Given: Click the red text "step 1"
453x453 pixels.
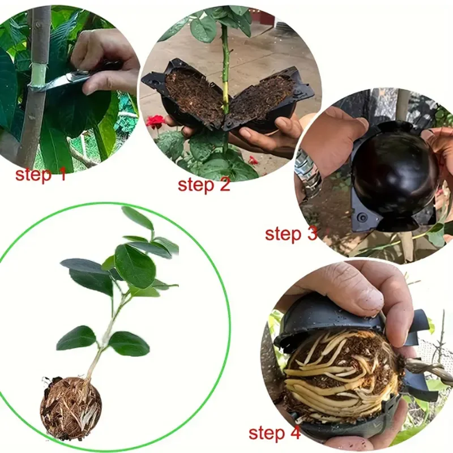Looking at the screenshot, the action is pos(41,174).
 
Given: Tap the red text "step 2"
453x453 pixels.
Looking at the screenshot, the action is pos(204,185).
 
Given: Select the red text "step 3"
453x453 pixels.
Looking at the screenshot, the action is pos(291,233).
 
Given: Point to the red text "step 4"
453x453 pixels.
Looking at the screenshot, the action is pos(275,433).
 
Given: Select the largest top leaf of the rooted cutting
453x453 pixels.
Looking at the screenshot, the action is pos(135,266).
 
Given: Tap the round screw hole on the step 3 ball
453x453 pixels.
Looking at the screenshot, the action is pos(361,216).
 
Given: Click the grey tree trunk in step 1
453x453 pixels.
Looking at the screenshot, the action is pos(34,87).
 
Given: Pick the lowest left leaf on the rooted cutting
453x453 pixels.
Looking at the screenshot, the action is pos(76,337).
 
